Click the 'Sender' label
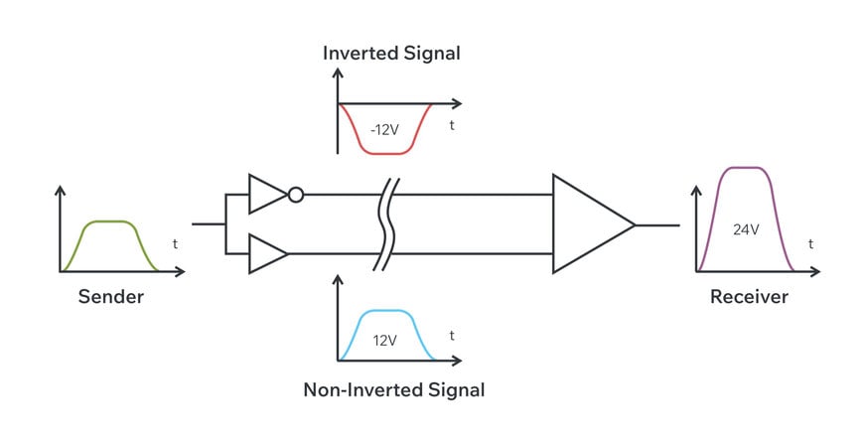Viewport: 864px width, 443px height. [x=110, y=297]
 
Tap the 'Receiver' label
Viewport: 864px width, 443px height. [x=749, y=297]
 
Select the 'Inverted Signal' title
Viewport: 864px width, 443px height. [x=391, y=54]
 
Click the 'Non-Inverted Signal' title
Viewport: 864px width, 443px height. [x=393, y=389]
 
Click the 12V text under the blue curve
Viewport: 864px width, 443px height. [x=385, y=340]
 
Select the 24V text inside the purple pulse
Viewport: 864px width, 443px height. [x=745, y=229]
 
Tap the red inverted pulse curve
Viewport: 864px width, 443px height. [x=385, y=153]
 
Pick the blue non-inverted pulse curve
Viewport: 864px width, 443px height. [x=385, y=311]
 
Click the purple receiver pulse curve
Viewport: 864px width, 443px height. [x=745, y=168]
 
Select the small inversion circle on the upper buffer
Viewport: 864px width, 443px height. [x=295, y=195]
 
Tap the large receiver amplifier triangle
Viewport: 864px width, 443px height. [x=588, y=224]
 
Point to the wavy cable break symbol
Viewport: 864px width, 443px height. [x=387, y=224]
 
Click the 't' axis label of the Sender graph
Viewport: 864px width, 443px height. [x=176, y=243]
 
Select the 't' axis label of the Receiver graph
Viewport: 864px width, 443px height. [x=810, y=243]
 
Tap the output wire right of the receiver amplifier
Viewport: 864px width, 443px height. [x=656, y=224]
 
